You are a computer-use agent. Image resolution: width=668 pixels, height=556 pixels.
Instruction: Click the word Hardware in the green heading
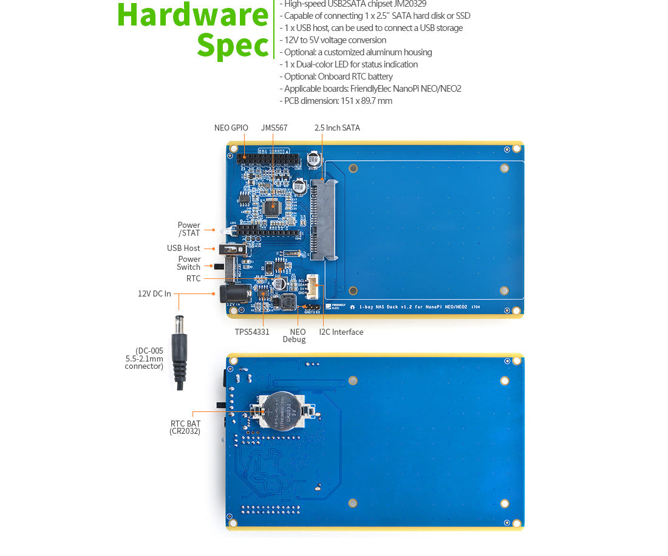[x=193, y=15]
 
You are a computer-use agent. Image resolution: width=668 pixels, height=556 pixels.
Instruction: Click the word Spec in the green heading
[x=233, y=46]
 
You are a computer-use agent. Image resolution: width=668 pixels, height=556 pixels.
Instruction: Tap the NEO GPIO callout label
[x=231, y=128]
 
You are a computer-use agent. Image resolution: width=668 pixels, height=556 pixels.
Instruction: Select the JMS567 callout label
[x=274, y=128]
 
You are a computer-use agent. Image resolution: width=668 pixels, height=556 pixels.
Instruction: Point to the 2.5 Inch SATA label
[x=337, y=128]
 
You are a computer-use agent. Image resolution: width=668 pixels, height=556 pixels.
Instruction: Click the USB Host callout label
[x=183, y=249]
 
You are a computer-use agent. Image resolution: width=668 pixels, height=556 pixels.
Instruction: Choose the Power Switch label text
[x=189, y=263]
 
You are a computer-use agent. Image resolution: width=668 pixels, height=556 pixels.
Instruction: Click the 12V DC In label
[x=154, y=294]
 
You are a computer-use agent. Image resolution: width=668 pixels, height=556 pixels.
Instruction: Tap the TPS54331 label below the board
[x=252, y=332]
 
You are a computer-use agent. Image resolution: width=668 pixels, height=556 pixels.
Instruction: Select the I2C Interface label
[x=341, y=332]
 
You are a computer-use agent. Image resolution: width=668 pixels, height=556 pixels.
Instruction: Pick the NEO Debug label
[x=298, y=336]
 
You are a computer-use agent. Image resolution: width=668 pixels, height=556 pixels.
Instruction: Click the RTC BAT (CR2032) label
[x=185, y=428]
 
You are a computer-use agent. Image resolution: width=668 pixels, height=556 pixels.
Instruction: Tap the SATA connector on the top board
[x=324, y=219]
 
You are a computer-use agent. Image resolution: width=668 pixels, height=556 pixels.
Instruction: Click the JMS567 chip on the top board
[x=271, y=206]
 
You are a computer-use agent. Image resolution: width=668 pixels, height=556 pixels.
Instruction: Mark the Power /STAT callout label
[x=189, y=229]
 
